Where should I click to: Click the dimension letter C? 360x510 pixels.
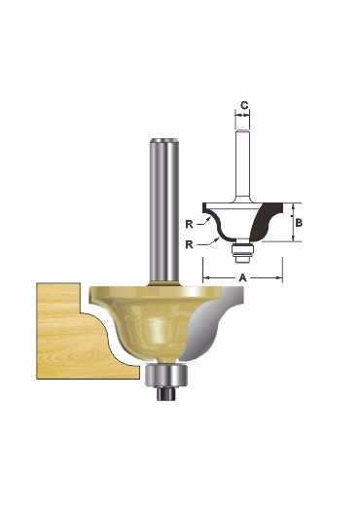coord(244,105)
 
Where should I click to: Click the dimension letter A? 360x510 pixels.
coord(243,277)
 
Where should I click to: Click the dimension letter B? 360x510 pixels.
coord(299,223)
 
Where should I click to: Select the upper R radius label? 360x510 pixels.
coord(189,224)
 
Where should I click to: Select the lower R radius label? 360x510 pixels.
coord(189,244)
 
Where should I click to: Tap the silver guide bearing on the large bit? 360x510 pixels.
coord(166,375)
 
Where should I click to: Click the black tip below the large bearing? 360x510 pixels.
coord(166,393)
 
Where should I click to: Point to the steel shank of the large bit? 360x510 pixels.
coord(164,211)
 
